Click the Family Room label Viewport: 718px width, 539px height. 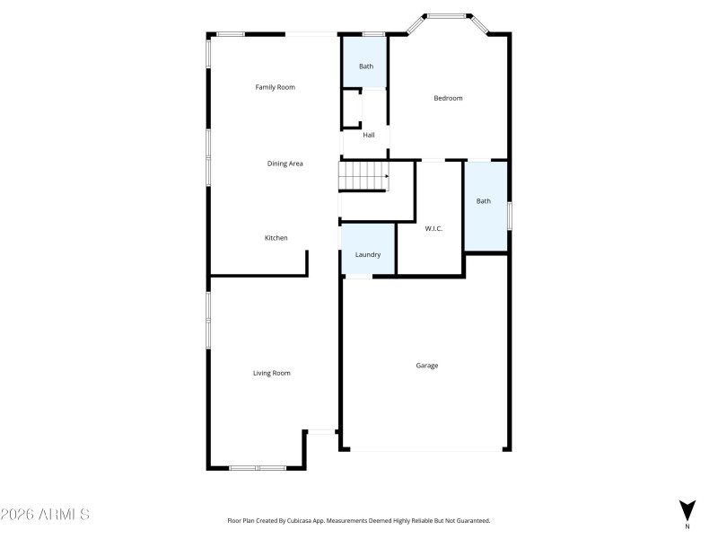point(275,87)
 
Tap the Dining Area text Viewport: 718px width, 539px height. point(285,163)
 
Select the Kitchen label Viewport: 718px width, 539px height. point(276,238)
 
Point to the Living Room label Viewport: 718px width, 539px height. point(271,373)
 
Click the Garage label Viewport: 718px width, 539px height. point(426,366)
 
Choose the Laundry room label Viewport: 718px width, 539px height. point(368,255)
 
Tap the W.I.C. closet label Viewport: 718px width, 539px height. point(433,228)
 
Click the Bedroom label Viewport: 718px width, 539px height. point(448,98)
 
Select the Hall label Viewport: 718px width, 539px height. point(369,136)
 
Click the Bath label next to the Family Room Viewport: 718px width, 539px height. point(366,66)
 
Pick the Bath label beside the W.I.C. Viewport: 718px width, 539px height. point(484,201)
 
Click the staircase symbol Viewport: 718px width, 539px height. point(363,176)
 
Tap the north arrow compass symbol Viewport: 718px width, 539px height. point(687,508)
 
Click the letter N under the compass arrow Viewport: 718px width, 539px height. point(687,526)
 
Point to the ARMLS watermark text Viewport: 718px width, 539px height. point(45,515)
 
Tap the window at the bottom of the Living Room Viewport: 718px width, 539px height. point(257,467)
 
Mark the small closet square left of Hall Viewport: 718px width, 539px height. point(351,110)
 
